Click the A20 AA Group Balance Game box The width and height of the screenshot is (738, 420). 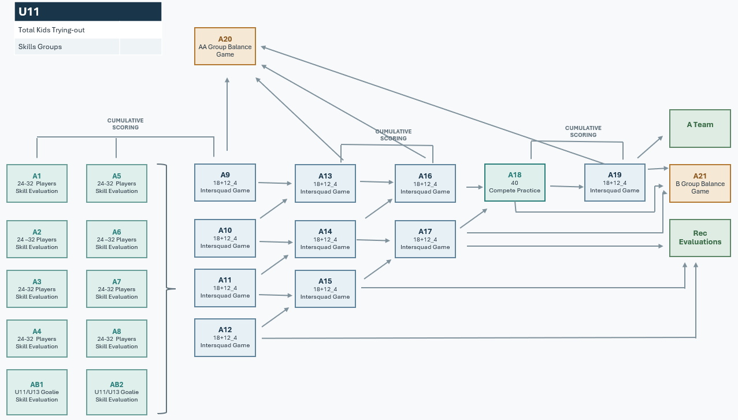(225, 46)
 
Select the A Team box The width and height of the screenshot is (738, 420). (700, 128)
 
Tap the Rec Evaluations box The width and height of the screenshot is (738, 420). (700, 238)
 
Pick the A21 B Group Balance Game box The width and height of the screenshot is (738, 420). (700, 184)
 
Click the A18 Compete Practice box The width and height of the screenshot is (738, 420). (514, 183)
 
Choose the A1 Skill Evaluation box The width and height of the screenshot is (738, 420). (37, 184)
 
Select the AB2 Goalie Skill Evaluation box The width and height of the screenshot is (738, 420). (117, 392)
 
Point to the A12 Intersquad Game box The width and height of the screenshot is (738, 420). (225, 337)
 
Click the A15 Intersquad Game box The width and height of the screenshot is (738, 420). (325, 289)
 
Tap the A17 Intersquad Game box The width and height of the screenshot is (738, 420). (425, 239)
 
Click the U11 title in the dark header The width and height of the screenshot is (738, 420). (29, 12)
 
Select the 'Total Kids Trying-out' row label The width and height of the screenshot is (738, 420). (51, 30)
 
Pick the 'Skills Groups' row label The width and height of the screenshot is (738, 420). (40, 47)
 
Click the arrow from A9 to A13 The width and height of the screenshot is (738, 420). (275, 183)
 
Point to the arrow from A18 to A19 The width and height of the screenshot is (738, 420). (567, 187)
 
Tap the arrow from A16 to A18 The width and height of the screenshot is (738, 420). (474, 187)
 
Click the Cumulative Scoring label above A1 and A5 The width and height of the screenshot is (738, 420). (125, 124)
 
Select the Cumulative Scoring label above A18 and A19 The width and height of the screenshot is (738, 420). (583, 132)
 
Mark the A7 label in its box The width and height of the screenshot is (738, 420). (117, 282)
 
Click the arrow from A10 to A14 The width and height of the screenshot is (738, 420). (276, 242)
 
